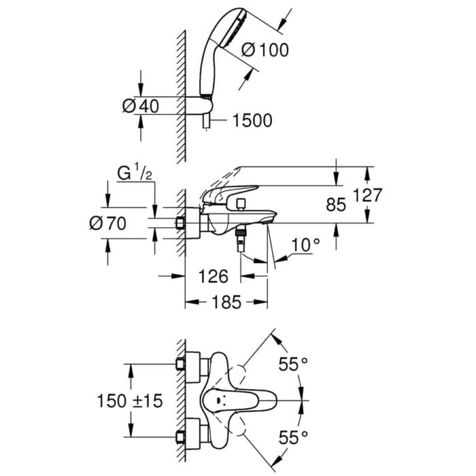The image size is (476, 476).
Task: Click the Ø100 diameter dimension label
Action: click(265, 50)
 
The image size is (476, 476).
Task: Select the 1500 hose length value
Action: click(252, 120)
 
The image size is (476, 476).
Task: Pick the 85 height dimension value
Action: click(336, 204)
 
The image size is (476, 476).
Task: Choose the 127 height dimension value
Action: click(369, 196)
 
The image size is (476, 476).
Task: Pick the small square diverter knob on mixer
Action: click(239, 203)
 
